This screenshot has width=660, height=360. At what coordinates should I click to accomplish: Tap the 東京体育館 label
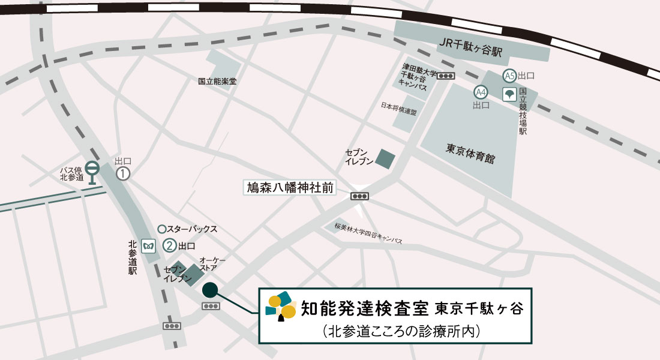point(470,149)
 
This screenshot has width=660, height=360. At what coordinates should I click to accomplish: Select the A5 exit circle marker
point(509,76)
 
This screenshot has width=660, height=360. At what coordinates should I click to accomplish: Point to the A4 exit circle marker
point(481,92)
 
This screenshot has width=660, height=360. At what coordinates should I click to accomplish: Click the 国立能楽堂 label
point(217,81)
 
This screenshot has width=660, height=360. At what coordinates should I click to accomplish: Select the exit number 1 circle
point(123,173)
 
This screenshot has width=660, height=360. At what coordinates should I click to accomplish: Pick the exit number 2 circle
point(170,245)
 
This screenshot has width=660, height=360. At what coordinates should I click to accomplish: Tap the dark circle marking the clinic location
point(210,290)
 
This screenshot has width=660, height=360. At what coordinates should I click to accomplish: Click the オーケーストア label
point(212,264)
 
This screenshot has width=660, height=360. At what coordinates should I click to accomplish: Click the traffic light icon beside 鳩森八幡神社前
point(360,196)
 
